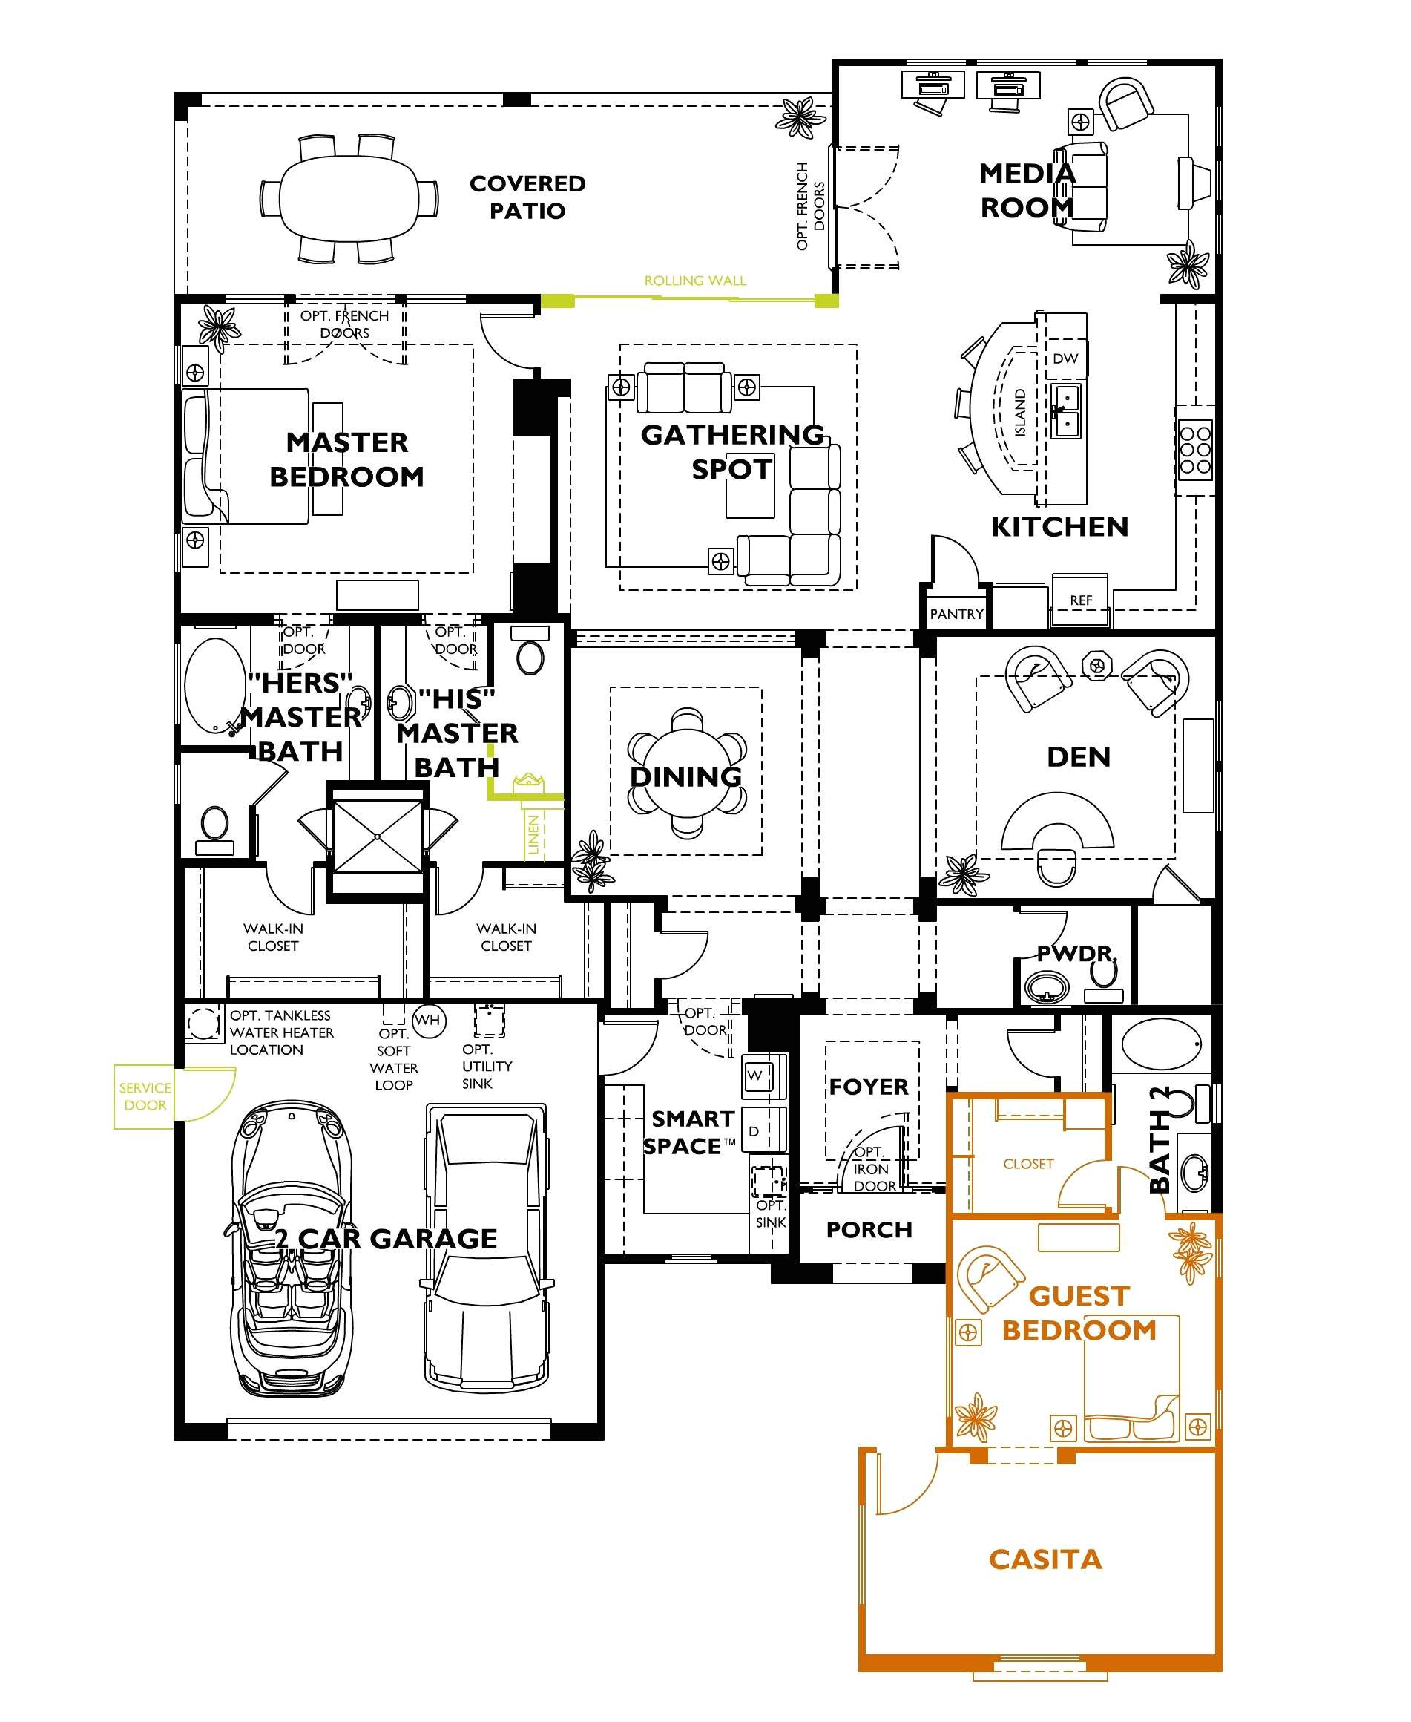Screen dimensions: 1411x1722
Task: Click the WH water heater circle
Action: coord(428,1021)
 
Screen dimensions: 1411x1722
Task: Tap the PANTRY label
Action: coord(957,614)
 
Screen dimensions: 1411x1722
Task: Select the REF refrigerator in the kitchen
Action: coord(1080,600)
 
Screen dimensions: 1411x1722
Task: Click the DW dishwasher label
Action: coord(1065,358)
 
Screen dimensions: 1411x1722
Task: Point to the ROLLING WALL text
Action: coord(695,281)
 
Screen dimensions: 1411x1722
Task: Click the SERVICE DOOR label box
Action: coord(144,1096)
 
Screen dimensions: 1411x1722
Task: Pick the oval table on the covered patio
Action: coord(349,197)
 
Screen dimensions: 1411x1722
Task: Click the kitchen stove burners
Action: coord(1195,447)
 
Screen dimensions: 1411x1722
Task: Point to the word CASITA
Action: coord(1045,1559)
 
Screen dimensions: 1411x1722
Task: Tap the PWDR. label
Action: coord(1076,953)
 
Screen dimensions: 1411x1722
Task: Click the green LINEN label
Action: coord(533,834)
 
